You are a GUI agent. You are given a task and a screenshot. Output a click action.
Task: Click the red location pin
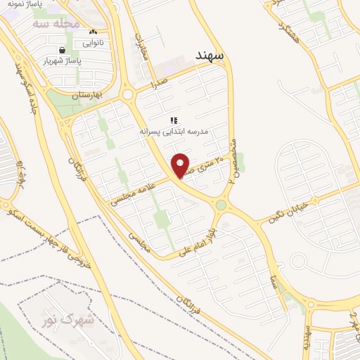(x=181, y=166)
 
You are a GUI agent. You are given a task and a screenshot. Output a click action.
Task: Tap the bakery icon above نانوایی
(x=93, y=32)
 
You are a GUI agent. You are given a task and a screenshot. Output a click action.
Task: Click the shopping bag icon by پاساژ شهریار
(x=63, y=51)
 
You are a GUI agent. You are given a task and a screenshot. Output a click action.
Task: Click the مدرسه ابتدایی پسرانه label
(x=172, y=131)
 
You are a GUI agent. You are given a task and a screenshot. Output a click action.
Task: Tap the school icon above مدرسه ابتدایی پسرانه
(x=174, y=120)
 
